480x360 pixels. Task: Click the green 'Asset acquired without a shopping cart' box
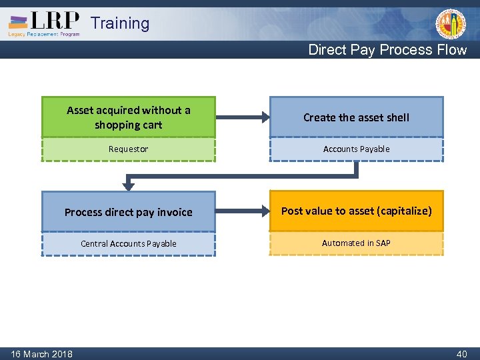tap(129, 117)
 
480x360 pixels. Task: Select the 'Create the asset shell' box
tap(356, 117)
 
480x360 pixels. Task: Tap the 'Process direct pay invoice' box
tap(129, 212)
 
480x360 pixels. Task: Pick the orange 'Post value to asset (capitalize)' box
tap(356, 211)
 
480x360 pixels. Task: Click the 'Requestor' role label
tap(129, 149)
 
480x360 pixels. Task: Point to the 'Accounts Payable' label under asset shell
tap(356, 149)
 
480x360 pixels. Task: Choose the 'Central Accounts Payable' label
tap(129, 244)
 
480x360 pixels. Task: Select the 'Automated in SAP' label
tap(356, 243)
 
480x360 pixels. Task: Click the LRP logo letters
tap(56, 21)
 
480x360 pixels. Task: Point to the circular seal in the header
tap(451, 24)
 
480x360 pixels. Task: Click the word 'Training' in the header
tap(120, 23)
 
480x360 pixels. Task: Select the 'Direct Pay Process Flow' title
tap(387, 50)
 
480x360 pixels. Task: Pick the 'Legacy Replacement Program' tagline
tap(44, 34)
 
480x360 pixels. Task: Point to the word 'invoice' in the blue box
tap(175, 212)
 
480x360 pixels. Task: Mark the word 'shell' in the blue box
tap(397, 117)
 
